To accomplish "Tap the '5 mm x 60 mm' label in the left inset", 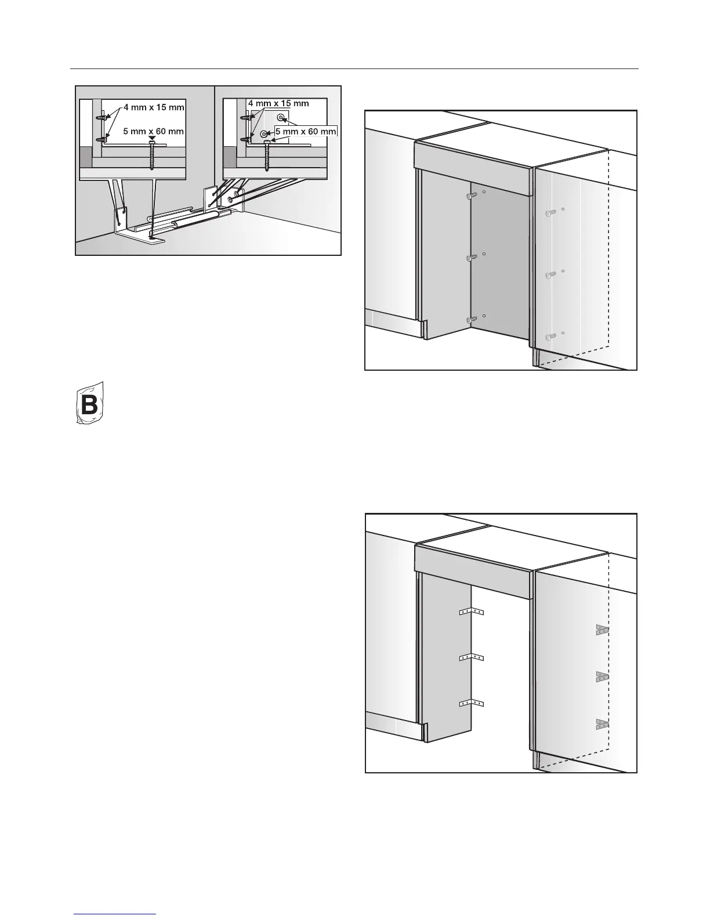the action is (153, 132).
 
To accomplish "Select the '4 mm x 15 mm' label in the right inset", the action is (278, 103).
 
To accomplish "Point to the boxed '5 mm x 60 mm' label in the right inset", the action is (306, 132).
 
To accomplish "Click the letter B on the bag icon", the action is (90, 404).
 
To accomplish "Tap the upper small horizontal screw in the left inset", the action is (103, 118).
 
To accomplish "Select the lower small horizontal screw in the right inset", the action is (246, 139).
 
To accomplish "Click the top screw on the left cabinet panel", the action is (472, 197).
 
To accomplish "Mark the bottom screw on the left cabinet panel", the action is (473, 319).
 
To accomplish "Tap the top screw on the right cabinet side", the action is (549, 214).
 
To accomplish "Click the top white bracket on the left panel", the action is (471, 612).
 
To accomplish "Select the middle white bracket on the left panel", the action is (471, 657).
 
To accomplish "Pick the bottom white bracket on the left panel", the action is (471, 704).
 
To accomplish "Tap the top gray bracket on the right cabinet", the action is (602, 630).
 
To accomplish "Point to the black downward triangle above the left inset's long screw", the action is (152, 137).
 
